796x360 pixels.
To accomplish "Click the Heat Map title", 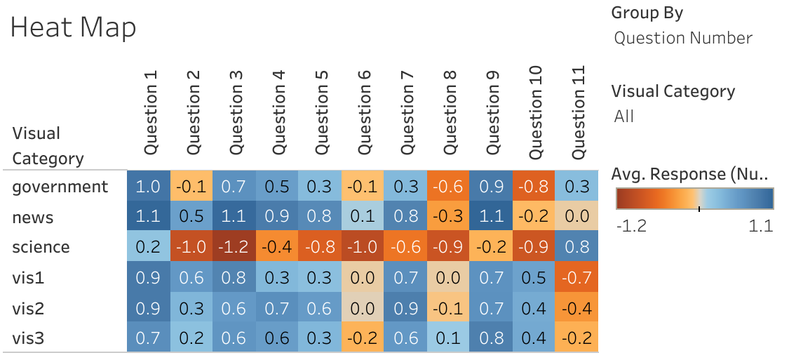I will click(x=73, y=28).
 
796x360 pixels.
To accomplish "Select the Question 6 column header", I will click(x=363, y=114).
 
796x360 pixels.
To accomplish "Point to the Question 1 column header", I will click(x=149, y=114).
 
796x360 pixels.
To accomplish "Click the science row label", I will click(x=41, y=247).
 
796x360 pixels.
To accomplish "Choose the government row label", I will click(x=60, y=187).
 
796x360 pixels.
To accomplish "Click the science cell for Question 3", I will click(x=234, y=247).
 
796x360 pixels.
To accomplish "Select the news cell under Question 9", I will click(x=492, y=217).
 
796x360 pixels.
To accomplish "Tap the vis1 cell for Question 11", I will click(x=577, y=277).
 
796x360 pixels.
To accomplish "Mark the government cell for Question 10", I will click(x=534, y=187).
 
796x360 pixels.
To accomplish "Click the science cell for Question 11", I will click(x=577, y=247).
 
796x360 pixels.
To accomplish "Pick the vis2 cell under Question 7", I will click(x=406, y=308).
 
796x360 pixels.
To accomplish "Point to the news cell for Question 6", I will click(x=363, y=217).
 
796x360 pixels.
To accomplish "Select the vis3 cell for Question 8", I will click(x=449, y=339).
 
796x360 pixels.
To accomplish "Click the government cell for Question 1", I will click(x=149, y=187).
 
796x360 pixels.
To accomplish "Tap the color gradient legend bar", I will click(x=694, y=199).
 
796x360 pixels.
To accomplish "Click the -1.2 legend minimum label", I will click(x=630, y=227).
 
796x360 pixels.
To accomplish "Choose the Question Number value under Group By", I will click(x=683, y=38).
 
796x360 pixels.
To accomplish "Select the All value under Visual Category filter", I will click(x=623, y=116).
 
